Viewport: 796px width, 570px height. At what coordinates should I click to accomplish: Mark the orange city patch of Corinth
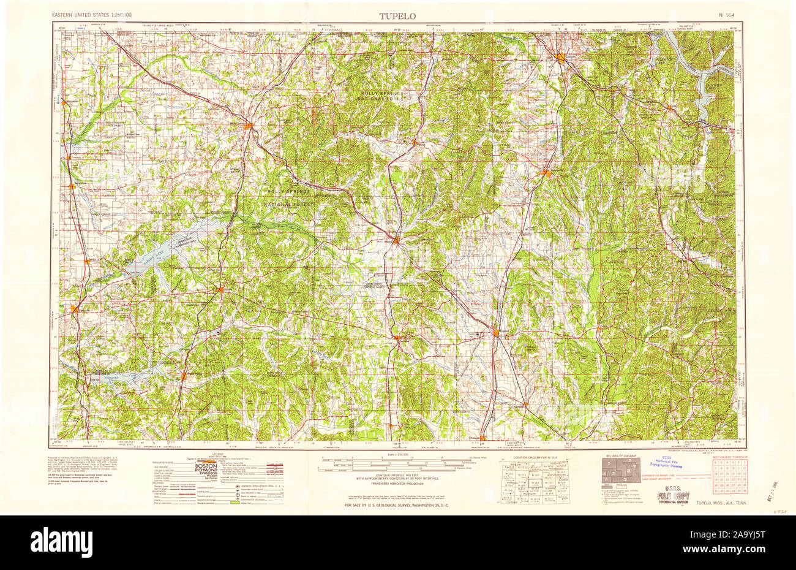[562, 59]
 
